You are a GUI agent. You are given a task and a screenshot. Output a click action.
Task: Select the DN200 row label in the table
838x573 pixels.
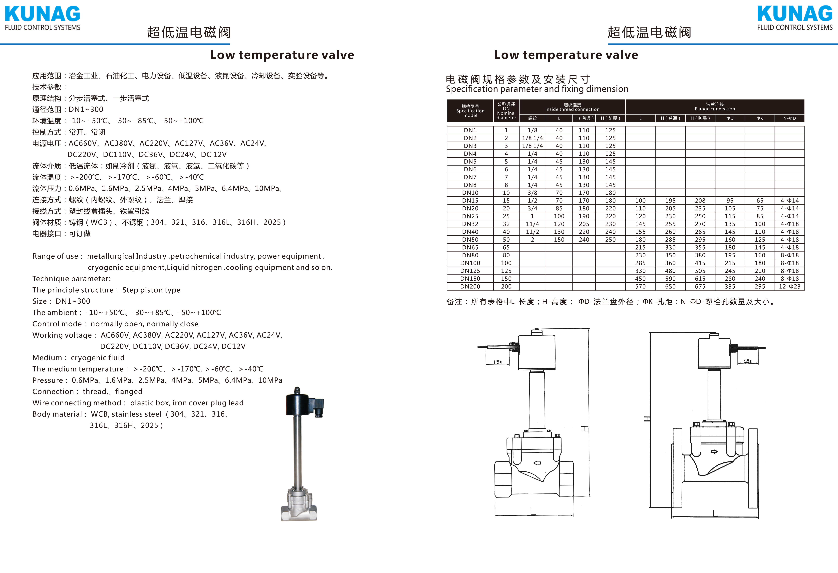pyautogui.click(x=470, y=286)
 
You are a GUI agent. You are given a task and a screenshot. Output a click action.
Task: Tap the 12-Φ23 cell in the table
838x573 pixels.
pyautogui.click(x=789, y=286)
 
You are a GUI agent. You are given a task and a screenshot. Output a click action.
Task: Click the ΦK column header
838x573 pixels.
pyautogui.click(x=760, y=118)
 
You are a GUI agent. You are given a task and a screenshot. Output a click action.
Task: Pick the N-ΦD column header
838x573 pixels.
pyautogui.click(x=789, y=118)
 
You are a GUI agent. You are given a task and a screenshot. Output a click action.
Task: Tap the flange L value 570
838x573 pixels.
pyautogui.click(x=640, y=286)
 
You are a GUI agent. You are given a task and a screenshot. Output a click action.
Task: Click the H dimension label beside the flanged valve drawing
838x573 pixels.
pyautogui.click(x=647, y=419)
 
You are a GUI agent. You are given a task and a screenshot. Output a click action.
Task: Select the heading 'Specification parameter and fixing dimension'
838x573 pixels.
pyautogui.click(x=537, y=89)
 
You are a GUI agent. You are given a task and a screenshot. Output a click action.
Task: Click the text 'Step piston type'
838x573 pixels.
pyautogui.click(x=151, y=290)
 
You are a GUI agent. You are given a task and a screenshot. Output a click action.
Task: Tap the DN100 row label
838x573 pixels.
pyautogui.click(x=470, y=263)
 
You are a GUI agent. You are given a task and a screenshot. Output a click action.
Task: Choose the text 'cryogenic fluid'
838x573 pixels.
pyautogui.click(x=98, y=358)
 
